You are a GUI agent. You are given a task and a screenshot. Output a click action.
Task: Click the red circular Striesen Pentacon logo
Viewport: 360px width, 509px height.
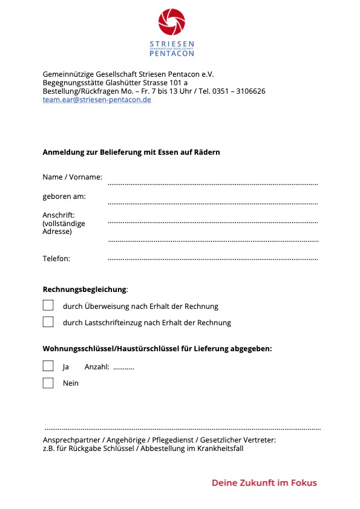[x=172, y=22]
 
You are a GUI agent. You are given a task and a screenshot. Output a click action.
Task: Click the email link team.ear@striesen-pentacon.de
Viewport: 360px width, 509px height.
[x=97, y=100]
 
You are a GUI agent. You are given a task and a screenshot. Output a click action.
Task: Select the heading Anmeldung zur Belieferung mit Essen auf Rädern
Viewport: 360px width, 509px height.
[x=131, y=152]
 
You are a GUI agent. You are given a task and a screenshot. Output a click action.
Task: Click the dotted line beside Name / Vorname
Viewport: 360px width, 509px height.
[x=212, y=183]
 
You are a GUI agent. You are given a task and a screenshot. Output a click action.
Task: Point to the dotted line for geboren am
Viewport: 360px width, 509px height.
[x=212, y=203]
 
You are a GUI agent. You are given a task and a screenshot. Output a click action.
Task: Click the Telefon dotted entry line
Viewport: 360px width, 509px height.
[x=212, y=259]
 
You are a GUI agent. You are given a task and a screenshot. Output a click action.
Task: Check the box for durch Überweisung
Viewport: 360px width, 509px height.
[x=48, y=305]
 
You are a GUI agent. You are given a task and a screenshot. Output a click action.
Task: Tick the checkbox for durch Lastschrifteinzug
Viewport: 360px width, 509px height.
[x=48, y=322]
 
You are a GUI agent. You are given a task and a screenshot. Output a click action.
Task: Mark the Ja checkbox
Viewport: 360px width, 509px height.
[x=48, y=366]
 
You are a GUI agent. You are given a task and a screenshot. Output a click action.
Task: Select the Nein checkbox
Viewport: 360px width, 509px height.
[x=48, y=383]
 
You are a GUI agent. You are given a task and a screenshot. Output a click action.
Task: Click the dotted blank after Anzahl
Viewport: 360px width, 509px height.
[x=123, y=368]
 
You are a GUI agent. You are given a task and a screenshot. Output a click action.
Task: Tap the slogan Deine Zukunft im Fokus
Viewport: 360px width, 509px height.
[x=264, y=482]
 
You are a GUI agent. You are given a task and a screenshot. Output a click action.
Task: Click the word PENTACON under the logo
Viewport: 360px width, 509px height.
[x=172, y=53]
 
